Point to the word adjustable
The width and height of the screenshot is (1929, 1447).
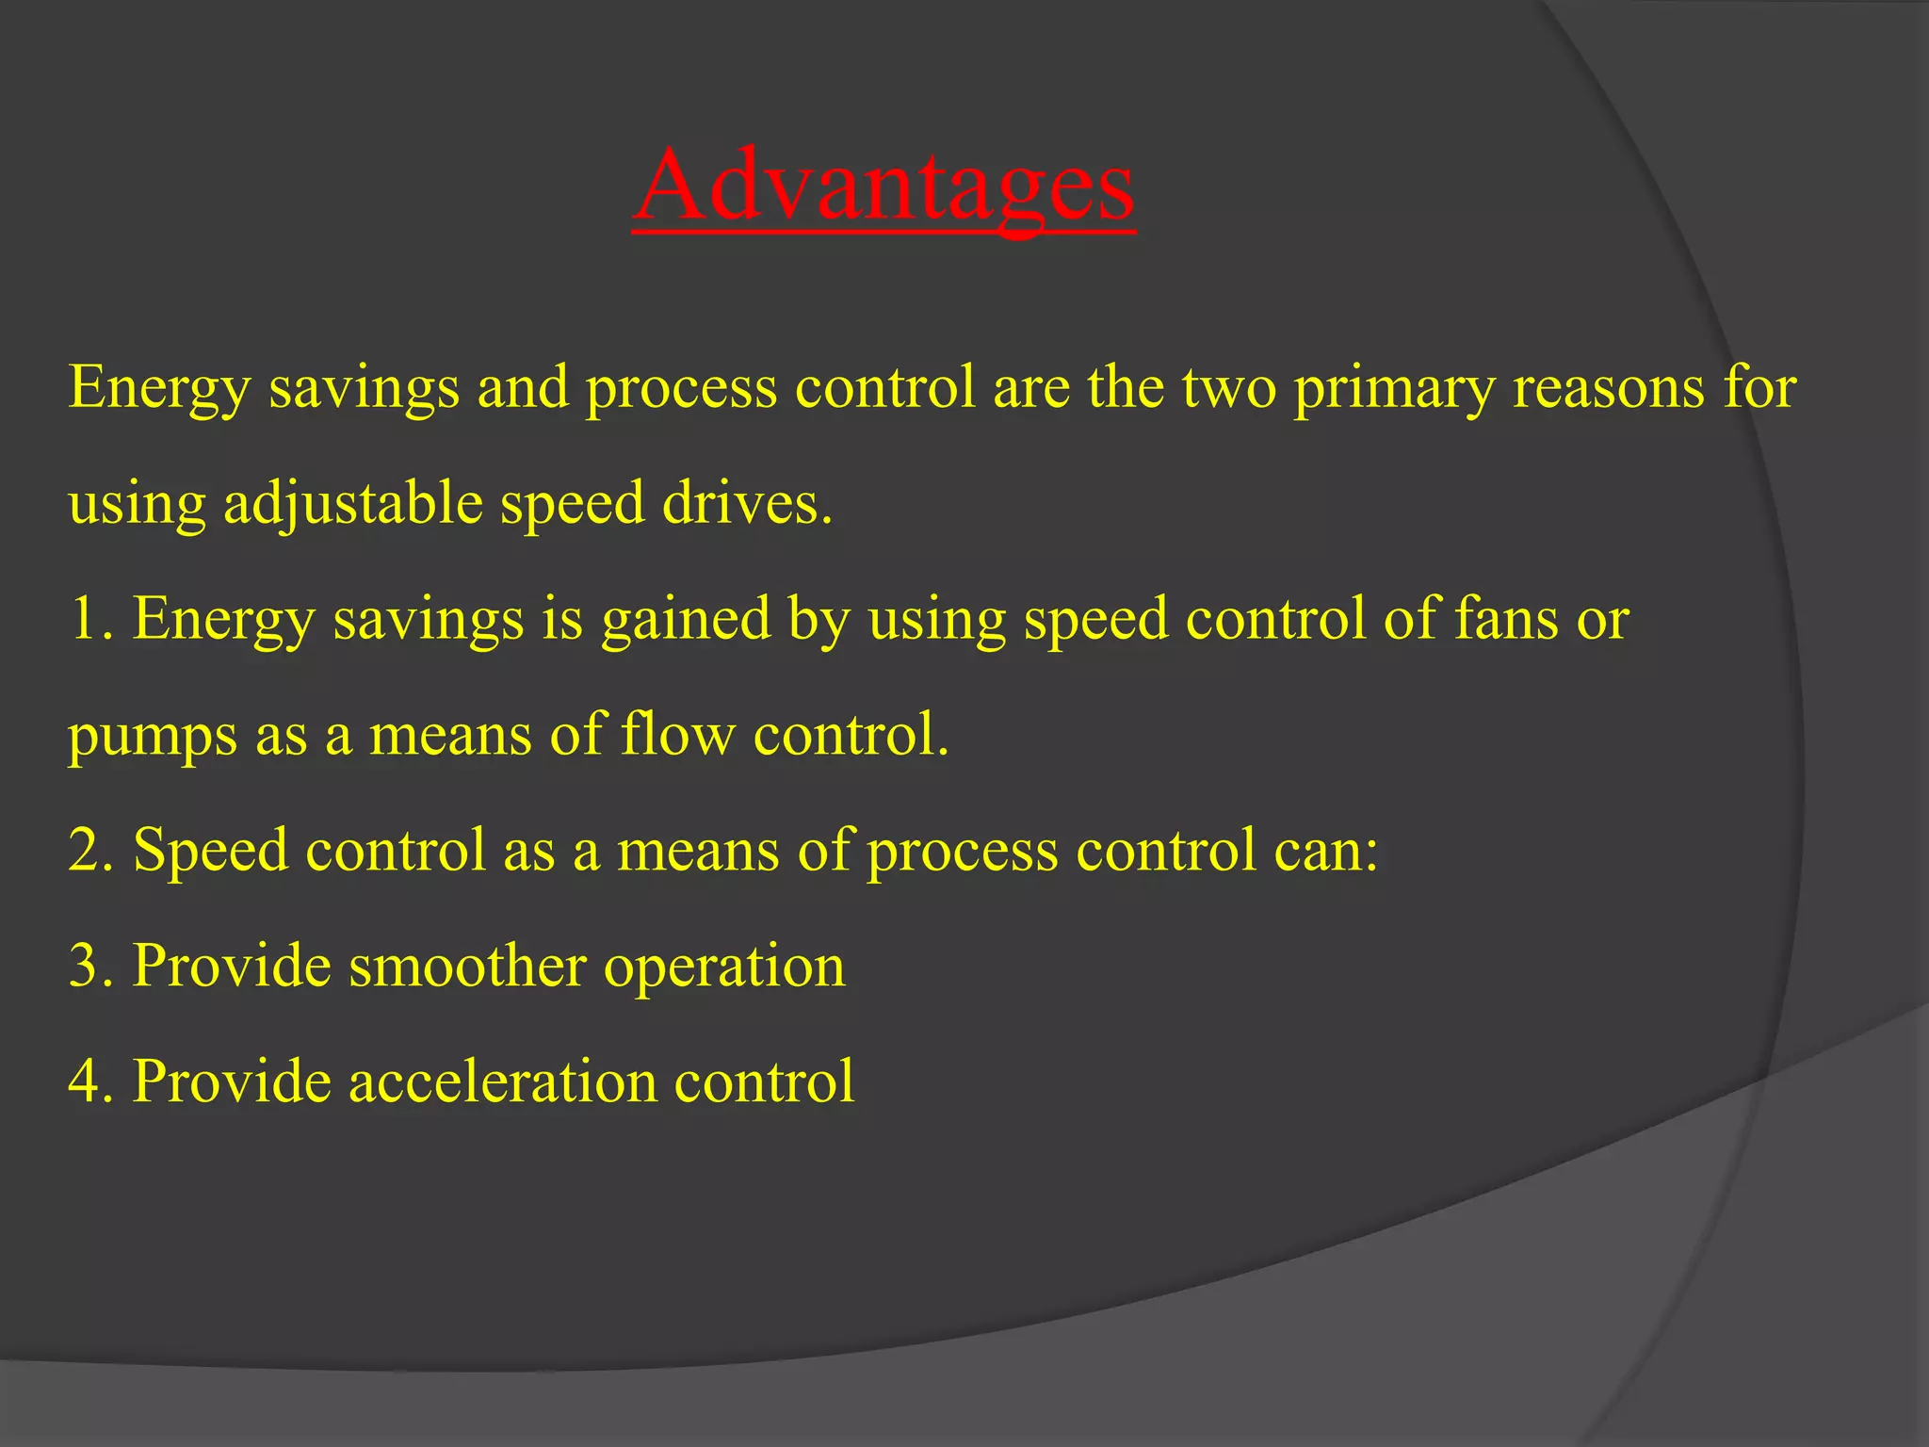click(x=352, y=504)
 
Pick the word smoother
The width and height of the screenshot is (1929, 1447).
click(x=467, y=966)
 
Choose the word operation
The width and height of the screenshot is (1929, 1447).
click(x=724, y=967)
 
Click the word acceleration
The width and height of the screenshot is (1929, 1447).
click(x=503, y=1081)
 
